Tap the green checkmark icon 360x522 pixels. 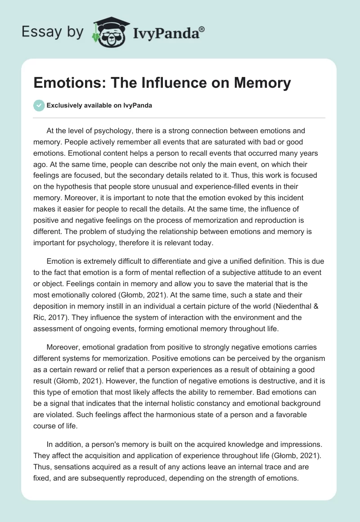point(39,105)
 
